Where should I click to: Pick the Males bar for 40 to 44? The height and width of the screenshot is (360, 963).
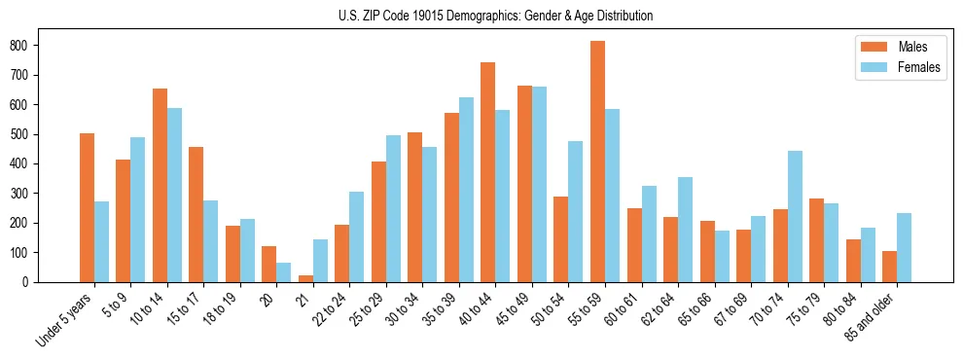coord(488,172)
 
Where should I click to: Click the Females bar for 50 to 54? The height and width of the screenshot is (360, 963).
coord(575,211)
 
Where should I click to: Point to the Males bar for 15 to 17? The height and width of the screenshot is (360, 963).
coord(196,214)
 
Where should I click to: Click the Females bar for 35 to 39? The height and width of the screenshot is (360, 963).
coord(466,190)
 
